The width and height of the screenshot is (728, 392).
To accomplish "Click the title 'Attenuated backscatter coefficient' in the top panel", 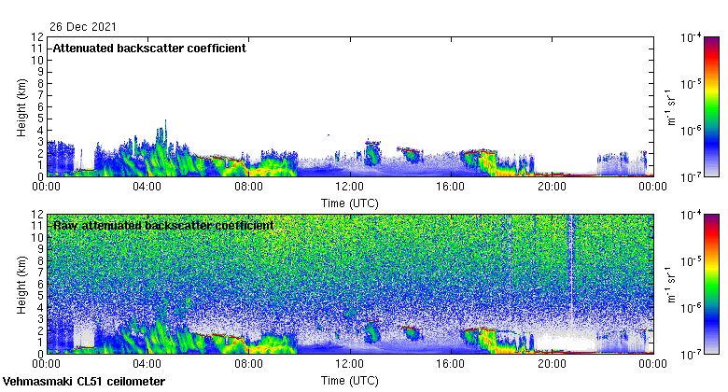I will pyautogui.click(x=148, y=49).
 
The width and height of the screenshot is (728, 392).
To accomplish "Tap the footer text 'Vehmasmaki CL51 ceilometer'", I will pyautogui.click(x=84, y=382).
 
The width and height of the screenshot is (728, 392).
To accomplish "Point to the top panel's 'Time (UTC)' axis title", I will pyautogui.click(x=349, y=203).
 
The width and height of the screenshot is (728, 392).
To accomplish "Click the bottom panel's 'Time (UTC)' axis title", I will pyautogui.click(x=349, y=381).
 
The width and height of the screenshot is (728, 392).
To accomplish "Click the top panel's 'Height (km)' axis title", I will pyautogui.click(x=21, y=106).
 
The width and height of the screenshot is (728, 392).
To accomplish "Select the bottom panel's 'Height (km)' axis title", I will pyautogui.click(x=21, y=284).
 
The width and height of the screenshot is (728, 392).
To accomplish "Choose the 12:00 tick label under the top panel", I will pyautogui.click(x=349, y=187).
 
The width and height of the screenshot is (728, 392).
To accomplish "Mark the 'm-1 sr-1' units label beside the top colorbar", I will pyautogui.click(x=670, y=106).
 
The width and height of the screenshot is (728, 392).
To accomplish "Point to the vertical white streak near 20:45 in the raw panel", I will pyautogui.click(x=570, y=280).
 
